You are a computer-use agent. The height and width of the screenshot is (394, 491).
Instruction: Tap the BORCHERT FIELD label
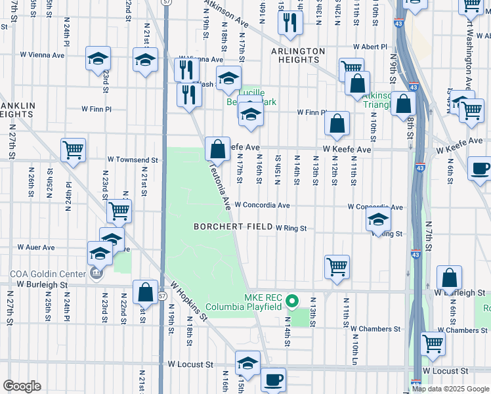pyautogui.click(x=232, y=227)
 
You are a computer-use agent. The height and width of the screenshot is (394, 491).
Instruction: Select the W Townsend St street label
pyautogui.click(x=133, y=160)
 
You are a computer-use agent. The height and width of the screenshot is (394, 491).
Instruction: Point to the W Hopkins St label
pyautogui.click(x=188, y=302)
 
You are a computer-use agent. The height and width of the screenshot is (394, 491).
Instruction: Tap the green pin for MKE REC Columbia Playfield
pyautogui.click(x=295, y=302)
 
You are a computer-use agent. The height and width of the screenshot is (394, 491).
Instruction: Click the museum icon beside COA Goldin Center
pyautogui.click(x=96, y=273)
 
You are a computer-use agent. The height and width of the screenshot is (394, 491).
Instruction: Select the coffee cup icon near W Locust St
pyautogui.click(x=273, y=379)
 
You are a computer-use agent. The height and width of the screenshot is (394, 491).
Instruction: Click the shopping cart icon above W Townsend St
pyautogui.click(x=73, y=149)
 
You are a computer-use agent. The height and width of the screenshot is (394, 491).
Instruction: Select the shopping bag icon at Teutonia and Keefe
pyautogui.click(x=217, y=148)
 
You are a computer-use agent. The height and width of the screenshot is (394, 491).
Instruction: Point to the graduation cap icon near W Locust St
pyautogui.click(x=247, y=362)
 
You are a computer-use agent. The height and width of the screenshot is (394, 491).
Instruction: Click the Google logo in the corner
pyautogui.click(x=22, y=386)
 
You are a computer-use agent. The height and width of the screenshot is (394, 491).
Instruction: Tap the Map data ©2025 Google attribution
pyautogui.click(x=450, y=389)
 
